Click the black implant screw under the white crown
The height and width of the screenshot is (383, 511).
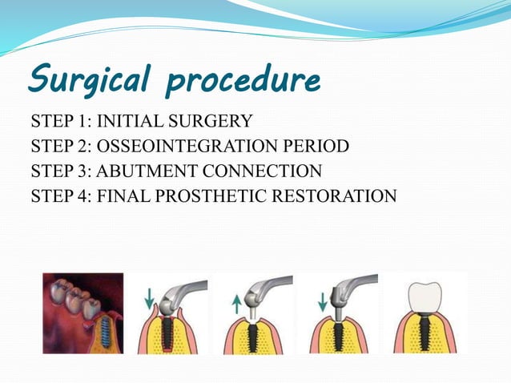426,333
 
